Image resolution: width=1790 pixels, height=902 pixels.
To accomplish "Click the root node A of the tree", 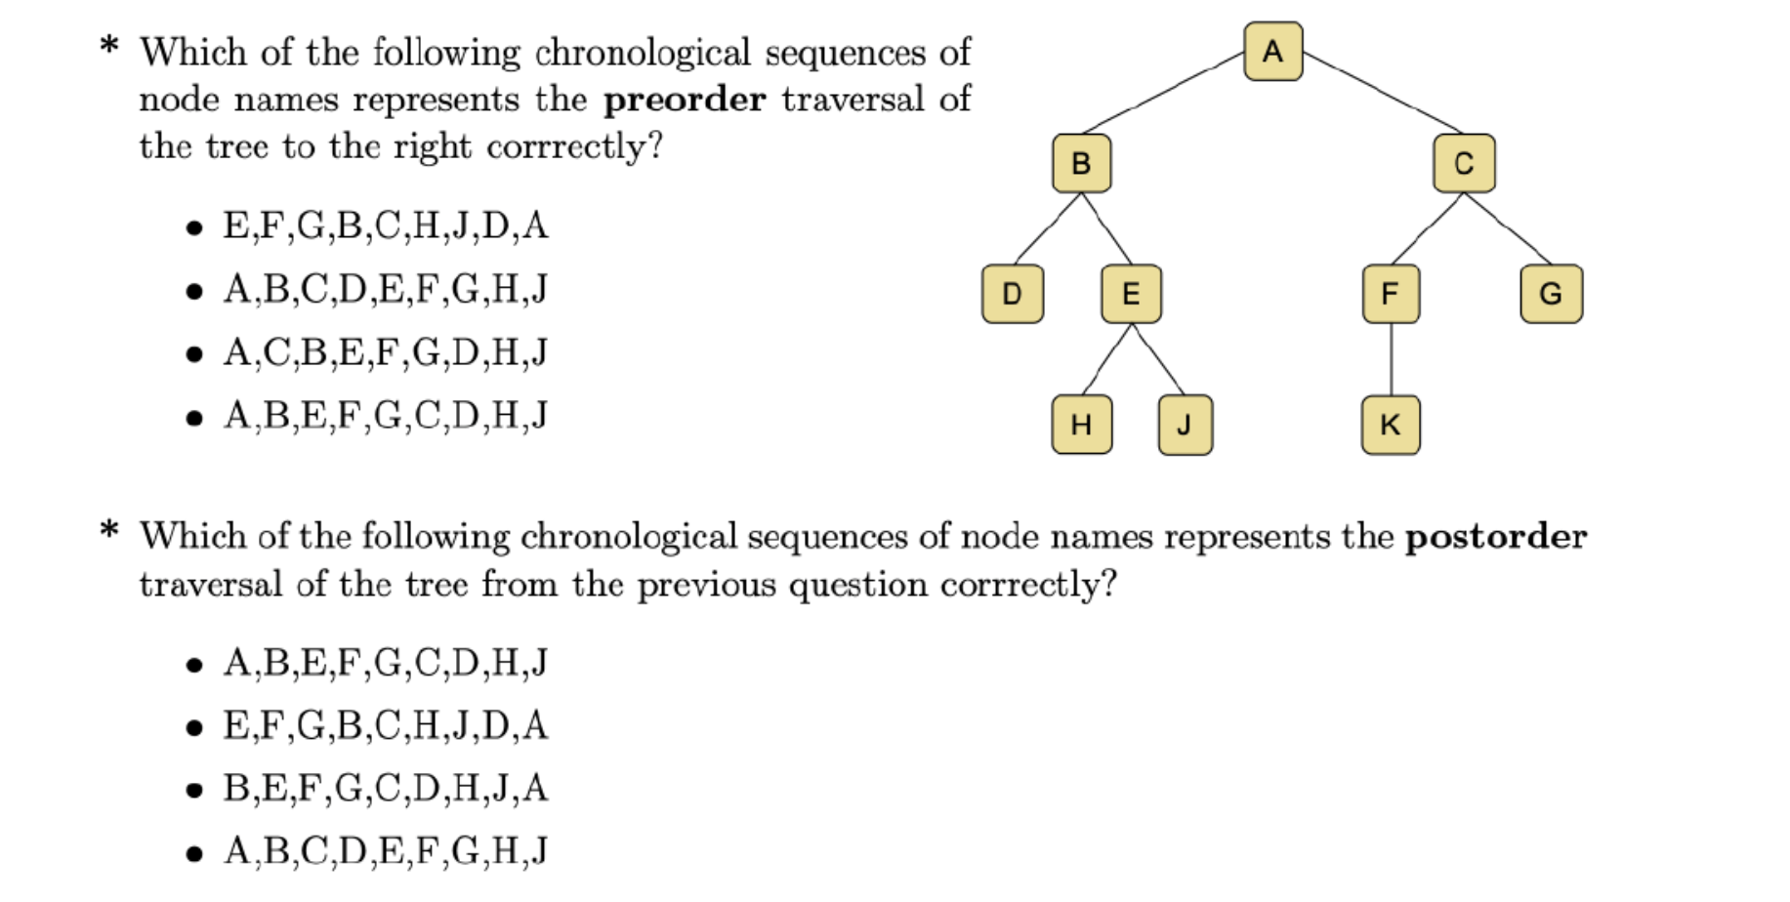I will [1272, 51].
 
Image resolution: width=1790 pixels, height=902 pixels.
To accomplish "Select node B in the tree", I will [1081, 163].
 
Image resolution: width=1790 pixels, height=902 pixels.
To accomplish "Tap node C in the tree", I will [1463, 163].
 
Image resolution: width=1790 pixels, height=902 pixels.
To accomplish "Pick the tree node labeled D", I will [1012, 293].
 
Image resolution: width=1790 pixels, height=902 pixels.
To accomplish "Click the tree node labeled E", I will [1131, 293].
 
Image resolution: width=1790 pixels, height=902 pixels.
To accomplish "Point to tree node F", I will [1391, 293].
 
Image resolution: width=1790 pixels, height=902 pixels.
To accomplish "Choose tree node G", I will [1551, 293].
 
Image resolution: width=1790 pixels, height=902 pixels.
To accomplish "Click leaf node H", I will [1081, 425].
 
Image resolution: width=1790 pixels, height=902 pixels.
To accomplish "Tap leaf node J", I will [1185, 425].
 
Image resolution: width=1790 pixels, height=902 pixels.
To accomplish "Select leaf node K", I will [1391, 425].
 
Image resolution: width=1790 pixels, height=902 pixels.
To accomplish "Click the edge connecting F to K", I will [1391, 359].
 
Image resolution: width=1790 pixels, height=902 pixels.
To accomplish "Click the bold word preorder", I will [684, 100].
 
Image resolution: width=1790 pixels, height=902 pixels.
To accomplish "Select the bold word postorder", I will [1495, 537].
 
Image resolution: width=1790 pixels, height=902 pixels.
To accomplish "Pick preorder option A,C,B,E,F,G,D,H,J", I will [385, 352].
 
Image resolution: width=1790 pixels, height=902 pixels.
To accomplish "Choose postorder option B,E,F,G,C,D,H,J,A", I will [385, 788].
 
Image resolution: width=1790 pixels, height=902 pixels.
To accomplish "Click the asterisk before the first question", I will [109, 46].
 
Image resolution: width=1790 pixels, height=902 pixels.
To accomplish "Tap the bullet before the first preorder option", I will [194, 228].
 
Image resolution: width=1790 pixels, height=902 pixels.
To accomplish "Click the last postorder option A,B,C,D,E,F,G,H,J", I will [385, 851].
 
